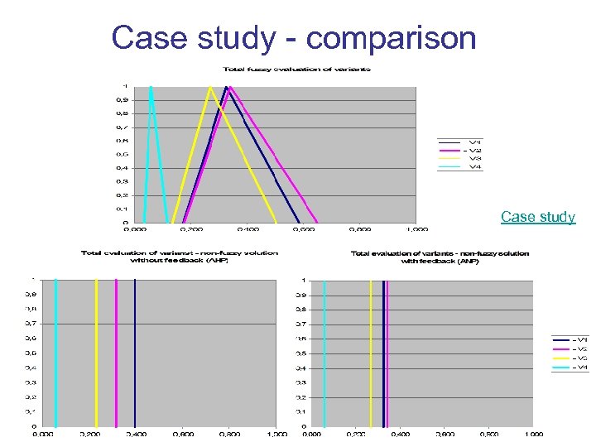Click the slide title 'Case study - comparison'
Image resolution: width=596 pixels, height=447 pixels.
294,38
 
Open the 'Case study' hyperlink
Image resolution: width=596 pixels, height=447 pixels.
537,217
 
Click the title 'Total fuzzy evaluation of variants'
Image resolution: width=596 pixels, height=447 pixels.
296,69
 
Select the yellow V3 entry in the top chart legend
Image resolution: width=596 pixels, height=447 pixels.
460,158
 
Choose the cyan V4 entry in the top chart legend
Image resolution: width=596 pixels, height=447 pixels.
460,166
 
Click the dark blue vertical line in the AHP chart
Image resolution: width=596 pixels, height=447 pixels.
134,348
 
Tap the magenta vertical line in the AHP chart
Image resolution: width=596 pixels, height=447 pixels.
116,348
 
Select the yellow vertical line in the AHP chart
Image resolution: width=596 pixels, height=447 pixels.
96,348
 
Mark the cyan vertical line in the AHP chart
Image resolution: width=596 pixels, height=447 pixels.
55,348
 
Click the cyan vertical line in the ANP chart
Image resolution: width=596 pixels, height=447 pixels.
324,348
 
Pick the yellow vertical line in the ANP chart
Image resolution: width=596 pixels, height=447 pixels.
371,348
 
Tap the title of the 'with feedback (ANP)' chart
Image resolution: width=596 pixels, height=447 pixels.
440,257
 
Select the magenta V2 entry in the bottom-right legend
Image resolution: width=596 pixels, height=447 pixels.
571,348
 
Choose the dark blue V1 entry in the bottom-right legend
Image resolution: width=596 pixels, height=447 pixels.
571,339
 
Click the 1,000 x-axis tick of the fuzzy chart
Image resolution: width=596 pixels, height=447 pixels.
416,229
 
